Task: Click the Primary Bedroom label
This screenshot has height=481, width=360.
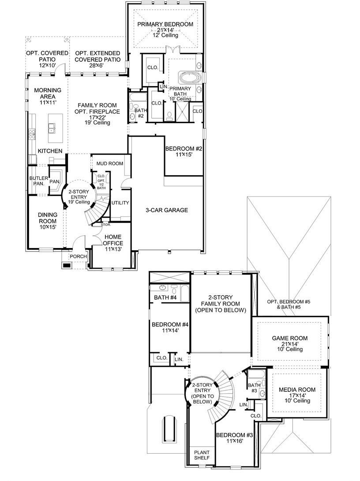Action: click(x=165, y=24)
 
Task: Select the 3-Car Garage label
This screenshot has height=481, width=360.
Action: click(x=167, y=210)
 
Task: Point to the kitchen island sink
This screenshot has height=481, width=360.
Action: click(x=52, y=128)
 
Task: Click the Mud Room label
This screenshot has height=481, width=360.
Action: click(x=109, y=164)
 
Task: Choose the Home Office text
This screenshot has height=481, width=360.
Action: click(x=113, y=240)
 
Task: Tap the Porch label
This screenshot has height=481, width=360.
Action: click(x=78, y=256)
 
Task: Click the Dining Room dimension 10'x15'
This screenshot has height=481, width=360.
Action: click(x=48, y=228)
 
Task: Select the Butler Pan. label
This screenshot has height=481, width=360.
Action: click(x=37, y=181)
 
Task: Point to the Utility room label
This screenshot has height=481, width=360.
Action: click(x=120, y=203)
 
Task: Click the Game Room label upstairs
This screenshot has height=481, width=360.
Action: click(x=289, y=338)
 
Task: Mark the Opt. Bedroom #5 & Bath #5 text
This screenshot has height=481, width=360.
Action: click(x=289, y=304)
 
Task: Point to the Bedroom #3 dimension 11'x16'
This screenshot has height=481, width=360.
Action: click(x=234, y=441)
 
